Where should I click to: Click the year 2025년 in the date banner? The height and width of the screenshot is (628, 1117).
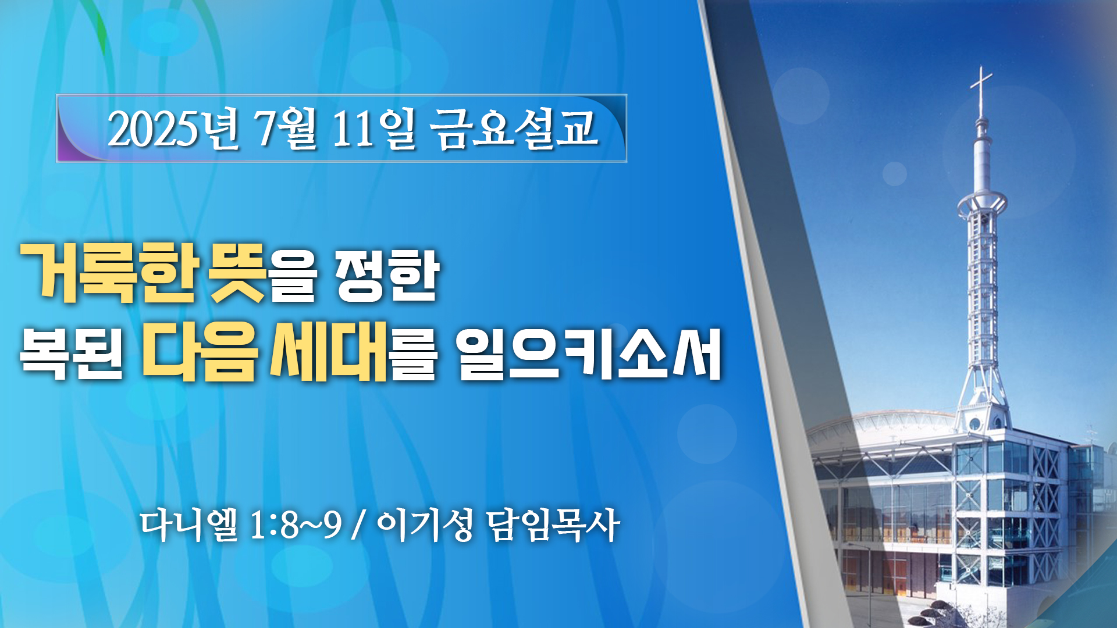[173, 129]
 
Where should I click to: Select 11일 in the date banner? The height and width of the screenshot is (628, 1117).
[374, 129]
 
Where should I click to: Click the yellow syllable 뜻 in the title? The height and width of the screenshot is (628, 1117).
[237, 273]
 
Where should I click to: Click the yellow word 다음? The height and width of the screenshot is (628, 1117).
[200, 351]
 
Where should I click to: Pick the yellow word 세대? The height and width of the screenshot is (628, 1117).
[329, 351]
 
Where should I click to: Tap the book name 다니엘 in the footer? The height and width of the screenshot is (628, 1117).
[190, 525]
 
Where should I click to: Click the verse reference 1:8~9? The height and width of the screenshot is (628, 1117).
[296, 525]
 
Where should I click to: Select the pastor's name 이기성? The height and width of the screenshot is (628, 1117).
[425, 525]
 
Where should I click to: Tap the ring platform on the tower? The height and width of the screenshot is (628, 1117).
[982, 203]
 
